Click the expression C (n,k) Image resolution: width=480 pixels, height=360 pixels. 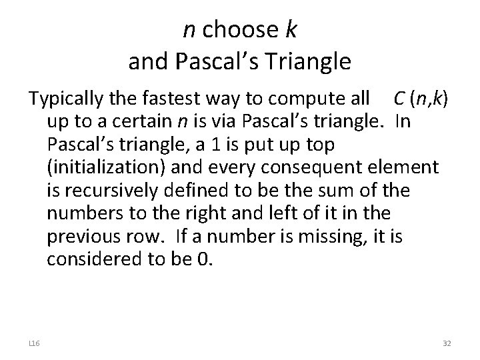[421, 99]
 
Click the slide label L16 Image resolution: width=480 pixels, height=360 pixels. [34, 342]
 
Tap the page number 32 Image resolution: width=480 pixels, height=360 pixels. [446, 342]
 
